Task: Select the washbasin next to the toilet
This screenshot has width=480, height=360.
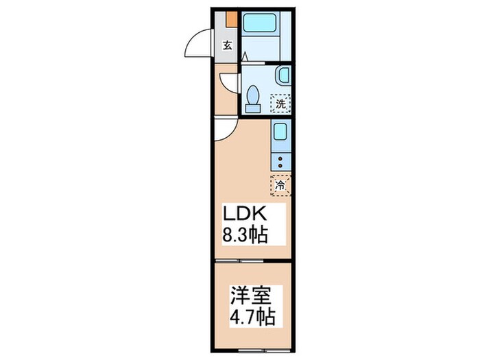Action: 283,76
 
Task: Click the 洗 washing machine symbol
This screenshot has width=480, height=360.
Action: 280,104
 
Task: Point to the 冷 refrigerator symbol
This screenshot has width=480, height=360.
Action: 280,184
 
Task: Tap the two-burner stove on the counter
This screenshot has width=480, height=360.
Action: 280,162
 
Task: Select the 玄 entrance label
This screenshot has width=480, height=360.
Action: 227,46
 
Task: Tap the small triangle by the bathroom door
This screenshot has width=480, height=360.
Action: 244,59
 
